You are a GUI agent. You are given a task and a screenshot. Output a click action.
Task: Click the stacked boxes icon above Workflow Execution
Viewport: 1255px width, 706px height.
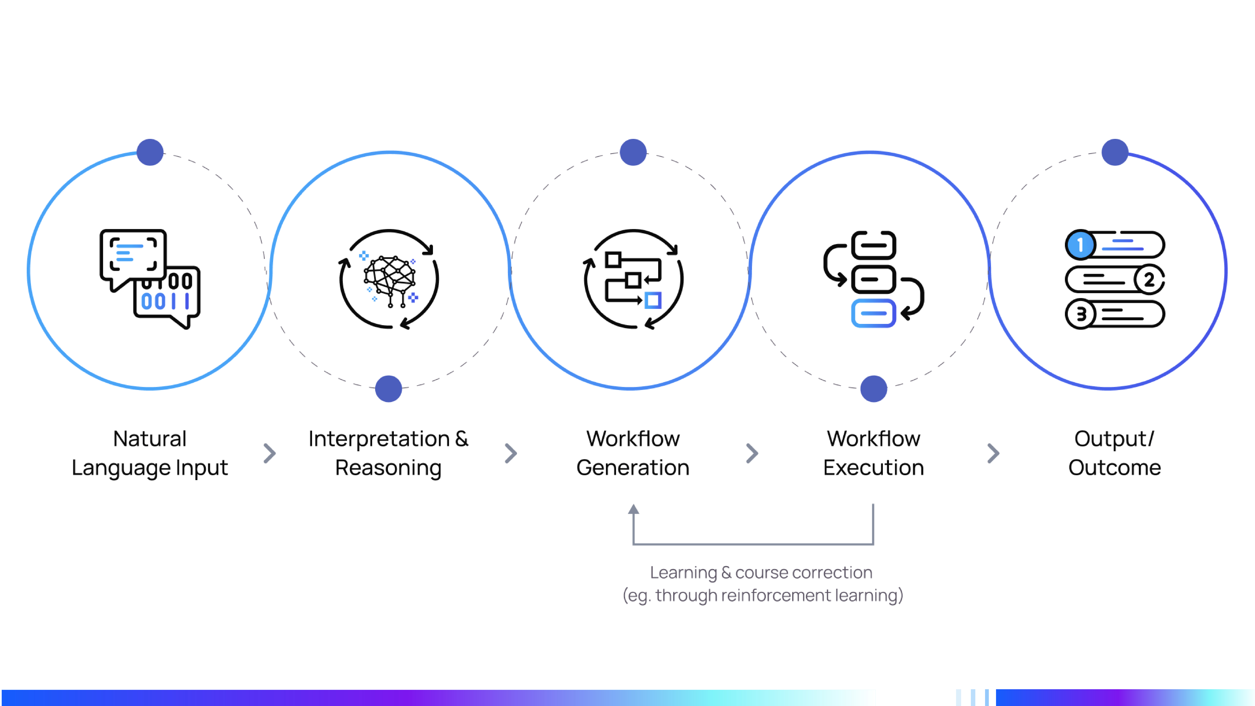[x=874, y=279]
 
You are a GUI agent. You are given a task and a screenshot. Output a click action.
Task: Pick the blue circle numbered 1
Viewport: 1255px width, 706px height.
[x=1080, y=245]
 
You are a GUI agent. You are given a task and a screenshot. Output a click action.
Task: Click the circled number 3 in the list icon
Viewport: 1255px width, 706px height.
[x=1080, y=314]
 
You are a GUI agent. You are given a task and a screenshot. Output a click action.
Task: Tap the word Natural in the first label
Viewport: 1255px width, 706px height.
[x=150, y=439]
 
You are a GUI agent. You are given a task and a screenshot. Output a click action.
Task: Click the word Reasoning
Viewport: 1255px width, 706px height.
[x=388, y=468]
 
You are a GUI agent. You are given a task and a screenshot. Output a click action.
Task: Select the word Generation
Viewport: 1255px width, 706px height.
[x=633, y=468]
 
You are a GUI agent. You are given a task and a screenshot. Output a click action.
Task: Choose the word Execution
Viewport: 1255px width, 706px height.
[x=874, y=468]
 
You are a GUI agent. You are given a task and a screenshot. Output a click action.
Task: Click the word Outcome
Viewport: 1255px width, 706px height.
[x=1115, y=468]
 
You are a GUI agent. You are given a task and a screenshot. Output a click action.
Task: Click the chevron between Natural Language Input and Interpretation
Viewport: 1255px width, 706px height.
[x=269, y=453]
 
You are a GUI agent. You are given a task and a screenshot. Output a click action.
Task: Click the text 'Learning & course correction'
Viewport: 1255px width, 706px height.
[x=761, y=573]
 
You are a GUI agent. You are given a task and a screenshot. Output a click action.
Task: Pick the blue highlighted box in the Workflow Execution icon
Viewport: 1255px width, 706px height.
[x=874, y=313]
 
